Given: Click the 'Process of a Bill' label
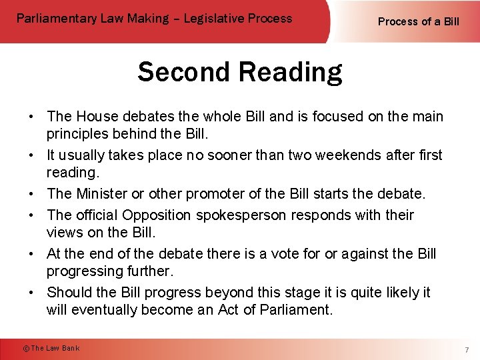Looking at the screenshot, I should [418, 21].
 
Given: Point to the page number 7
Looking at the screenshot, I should [467, 349].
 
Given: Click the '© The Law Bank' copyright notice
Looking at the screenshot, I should [51, 348].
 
